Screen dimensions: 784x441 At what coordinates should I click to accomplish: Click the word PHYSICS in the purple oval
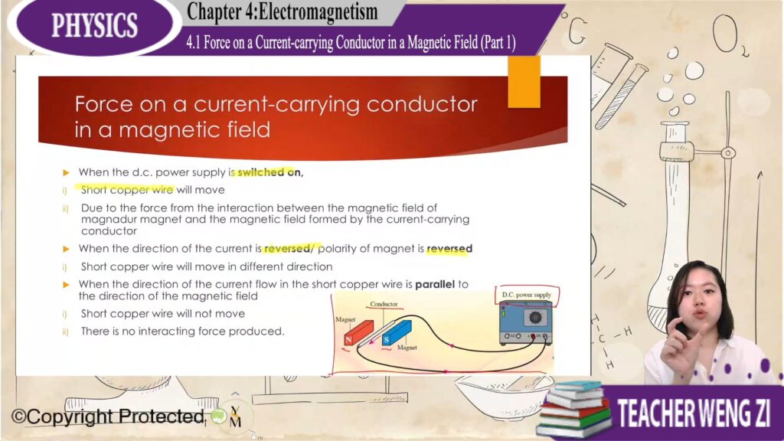coord(94,25)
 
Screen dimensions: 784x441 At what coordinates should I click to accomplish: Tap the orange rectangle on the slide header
coord(524,81)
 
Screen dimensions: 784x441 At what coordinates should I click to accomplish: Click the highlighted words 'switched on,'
coord(270,172)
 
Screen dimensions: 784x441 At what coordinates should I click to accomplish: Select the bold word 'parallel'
coord(435,284)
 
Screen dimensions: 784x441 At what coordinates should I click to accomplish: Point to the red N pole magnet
coord(358,334)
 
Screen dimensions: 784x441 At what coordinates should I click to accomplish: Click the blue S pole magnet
coord(397,333)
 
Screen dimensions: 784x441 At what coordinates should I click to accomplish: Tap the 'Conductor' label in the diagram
coord(384,304)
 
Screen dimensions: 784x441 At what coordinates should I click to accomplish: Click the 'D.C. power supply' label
coord(527,295)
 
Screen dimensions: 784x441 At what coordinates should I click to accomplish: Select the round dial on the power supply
coord(535,317)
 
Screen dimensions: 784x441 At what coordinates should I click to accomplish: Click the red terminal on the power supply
coord(533,337)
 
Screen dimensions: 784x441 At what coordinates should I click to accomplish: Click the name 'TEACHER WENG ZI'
coord(694,413)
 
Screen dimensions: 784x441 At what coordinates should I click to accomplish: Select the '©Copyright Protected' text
coord(107,416)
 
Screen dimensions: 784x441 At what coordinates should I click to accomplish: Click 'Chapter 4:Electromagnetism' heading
coord(282,11)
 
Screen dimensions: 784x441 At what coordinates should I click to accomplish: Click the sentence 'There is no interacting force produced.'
coord(182,331)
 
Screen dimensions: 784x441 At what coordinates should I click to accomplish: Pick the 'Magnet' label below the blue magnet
coord(407,348)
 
